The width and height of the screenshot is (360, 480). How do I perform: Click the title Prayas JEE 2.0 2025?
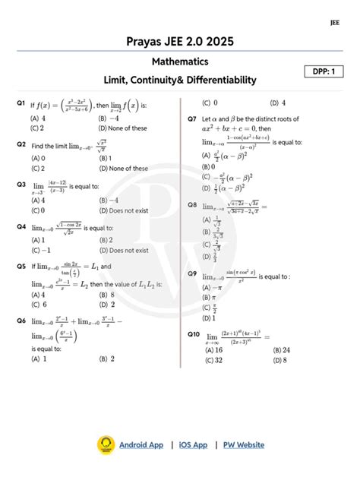click(179, 40)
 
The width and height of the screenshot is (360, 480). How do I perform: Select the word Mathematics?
click(180, 61)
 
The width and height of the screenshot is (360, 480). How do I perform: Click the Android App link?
click(141, 444)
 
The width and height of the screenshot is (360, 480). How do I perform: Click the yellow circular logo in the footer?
click(105, 445)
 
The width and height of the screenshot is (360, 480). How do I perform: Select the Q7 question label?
click(193, 120)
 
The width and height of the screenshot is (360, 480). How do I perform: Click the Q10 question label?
click(194, 334)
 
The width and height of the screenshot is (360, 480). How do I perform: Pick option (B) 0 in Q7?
click(209, 166)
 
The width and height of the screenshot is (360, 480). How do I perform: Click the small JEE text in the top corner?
click(335, 22)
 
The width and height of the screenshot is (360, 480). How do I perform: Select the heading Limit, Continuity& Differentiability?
click(180, 80)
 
